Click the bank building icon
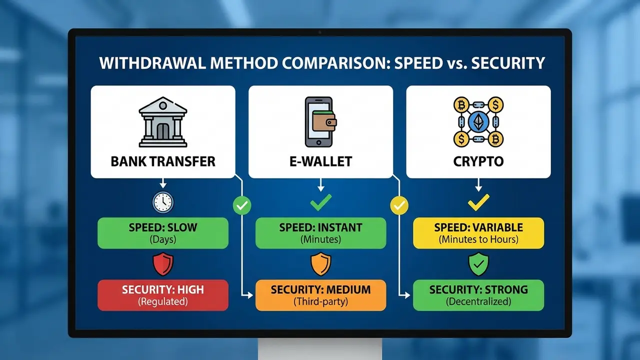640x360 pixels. [163, 122]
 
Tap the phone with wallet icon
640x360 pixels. [320, 122]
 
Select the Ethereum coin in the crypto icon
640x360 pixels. [478, 122]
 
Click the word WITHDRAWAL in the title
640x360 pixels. [152, 63]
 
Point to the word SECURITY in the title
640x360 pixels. [508, 63]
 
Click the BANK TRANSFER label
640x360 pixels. [163, 161]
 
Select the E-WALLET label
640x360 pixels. [320, 161]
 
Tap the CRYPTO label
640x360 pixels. [478, 161]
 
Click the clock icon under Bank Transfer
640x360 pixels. [163, 202]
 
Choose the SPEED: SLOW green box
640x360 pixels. [163, 233]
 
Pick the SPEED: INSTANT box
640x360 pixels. [320, 233]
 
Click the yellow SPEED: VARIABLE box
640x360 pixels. [478, 233]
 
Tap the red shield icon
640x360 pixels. [163, 263]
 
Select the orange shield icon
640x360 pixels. [321, 263]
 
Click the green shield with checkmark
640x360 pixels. [478, 263]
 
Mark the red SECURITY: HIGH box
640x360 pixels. [163, 295]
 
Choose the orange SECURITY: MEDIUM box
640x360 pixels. [320, 295]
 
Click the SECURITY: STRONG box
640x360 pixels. [478, 295]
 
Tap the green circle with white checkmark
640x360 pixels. [242, 205]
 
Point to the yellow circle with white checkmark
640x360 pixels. [399, 205]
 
